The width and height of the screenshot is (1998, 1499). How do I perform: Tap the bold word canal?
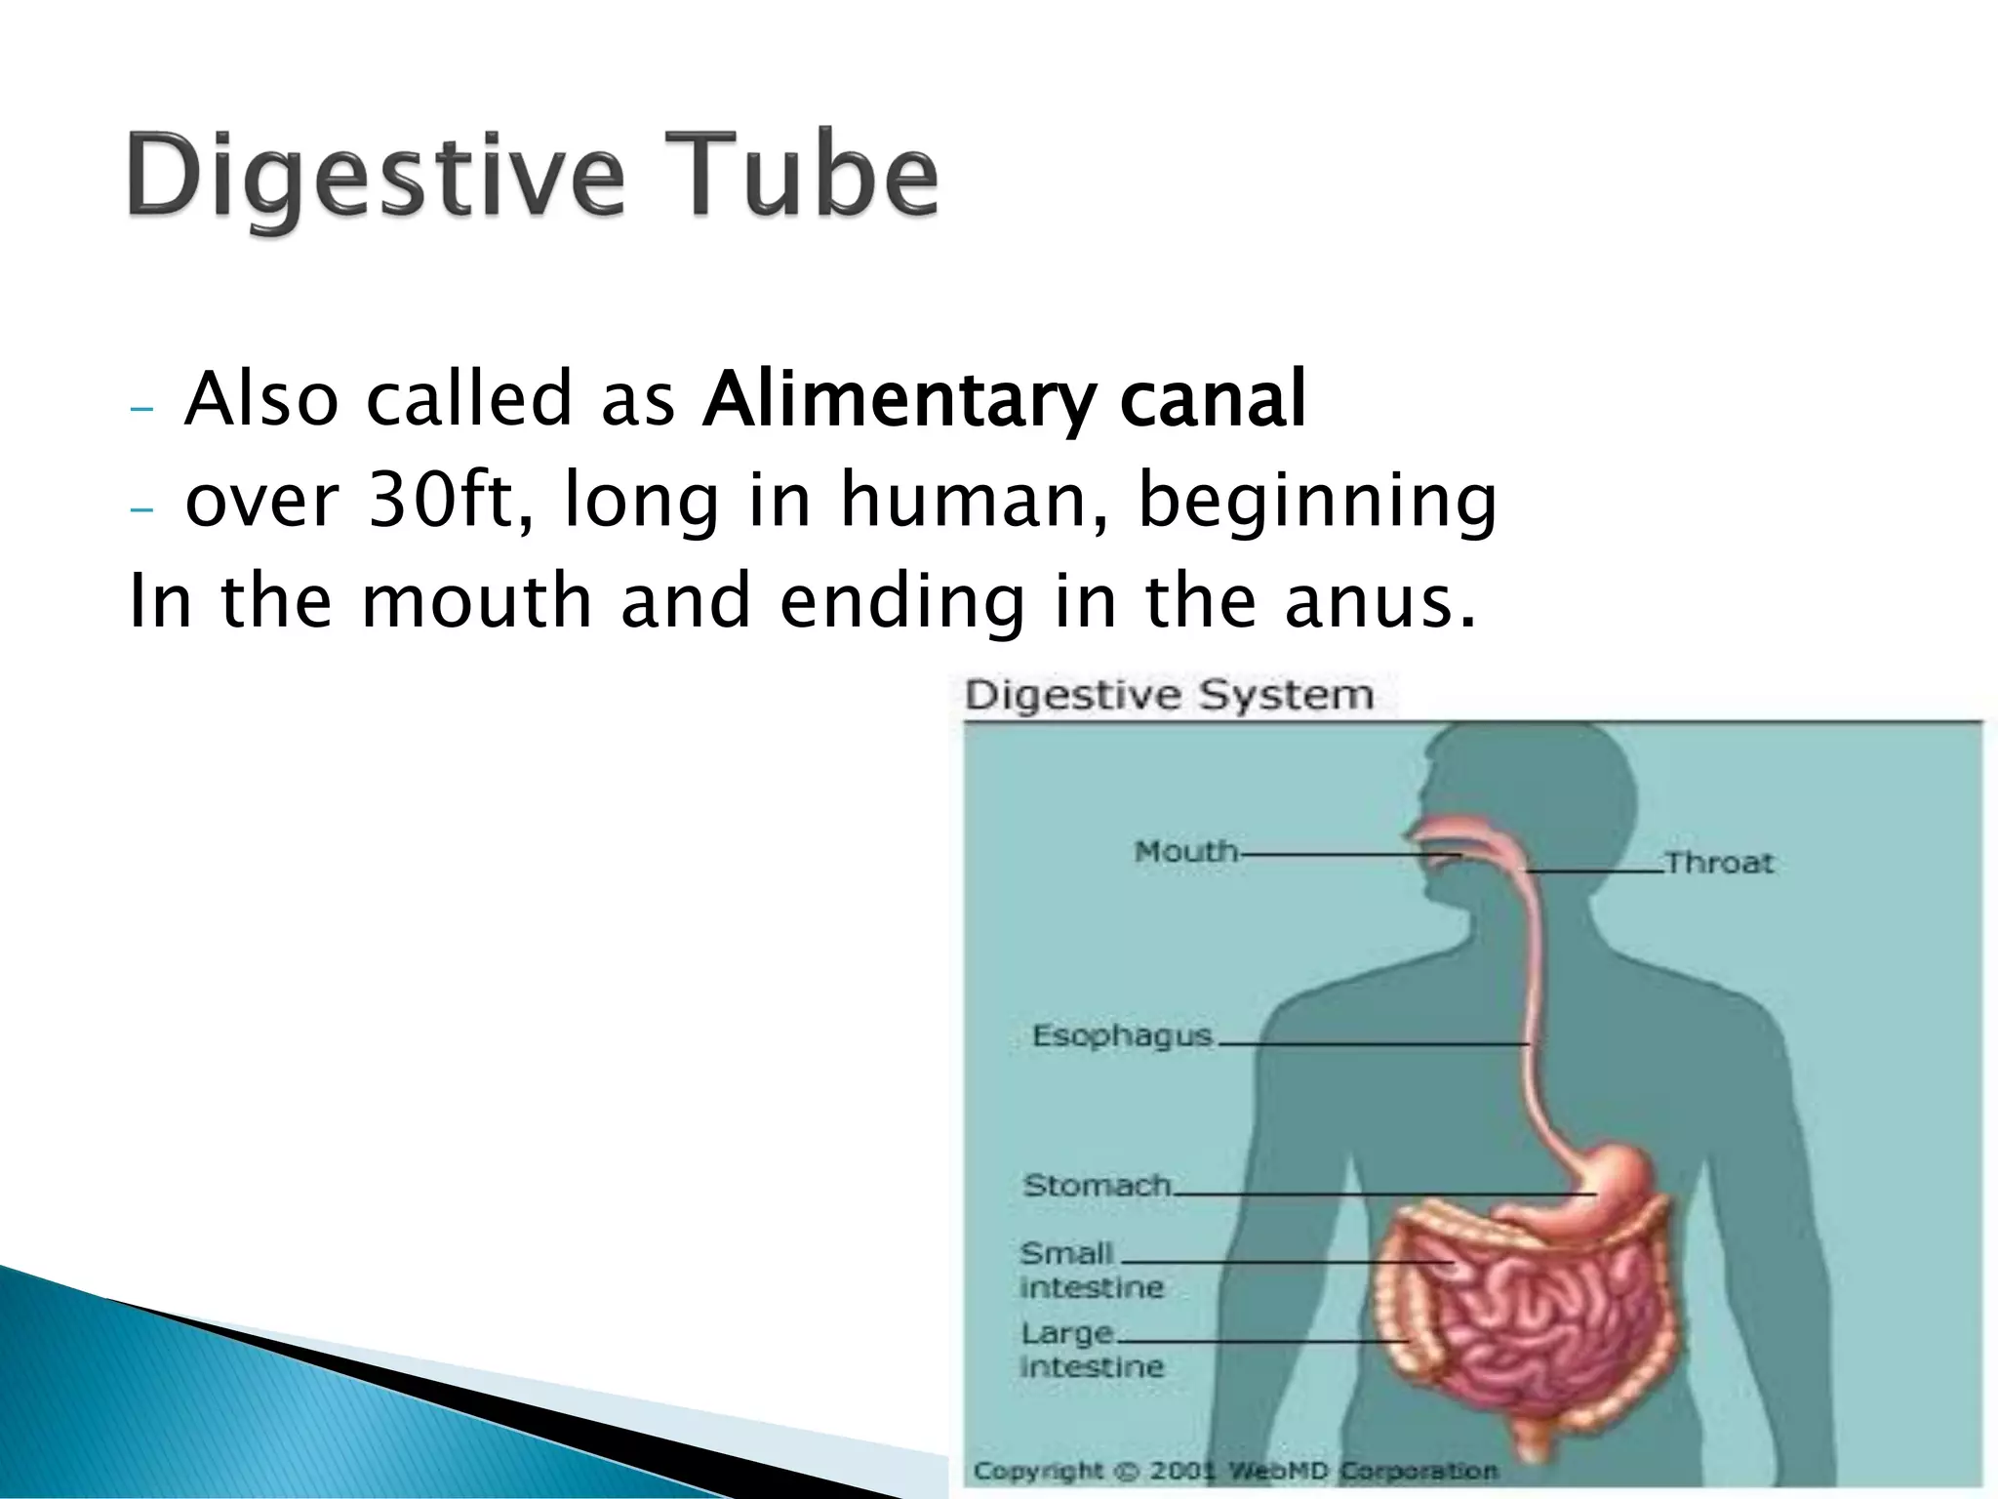(1213, 399)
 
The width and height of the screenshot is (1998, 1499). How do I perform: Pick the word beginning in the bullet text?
(1317, 502)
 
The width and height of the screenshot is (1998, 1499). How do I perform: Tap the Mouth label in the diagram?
(1185, 852)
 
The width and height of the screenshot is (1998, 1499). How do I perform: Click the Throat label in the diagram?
(1719, 863)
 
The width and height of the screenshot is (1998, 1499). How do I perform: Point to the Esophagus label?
(1122, 1035)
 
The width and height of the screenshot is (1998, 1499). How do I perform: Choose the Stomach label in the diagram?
(1097, 1185)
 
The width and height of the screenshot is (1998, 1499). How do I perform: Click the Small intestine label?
(1090, 1270)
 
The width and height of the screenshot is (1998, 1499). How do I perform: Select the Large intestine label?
(1090, 1350)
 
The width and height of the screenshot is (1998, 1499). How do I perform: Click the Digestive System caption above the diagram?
(1169, 696)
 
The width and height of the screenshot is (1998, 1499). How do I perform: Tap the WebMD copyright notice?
(1234, 1471)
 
